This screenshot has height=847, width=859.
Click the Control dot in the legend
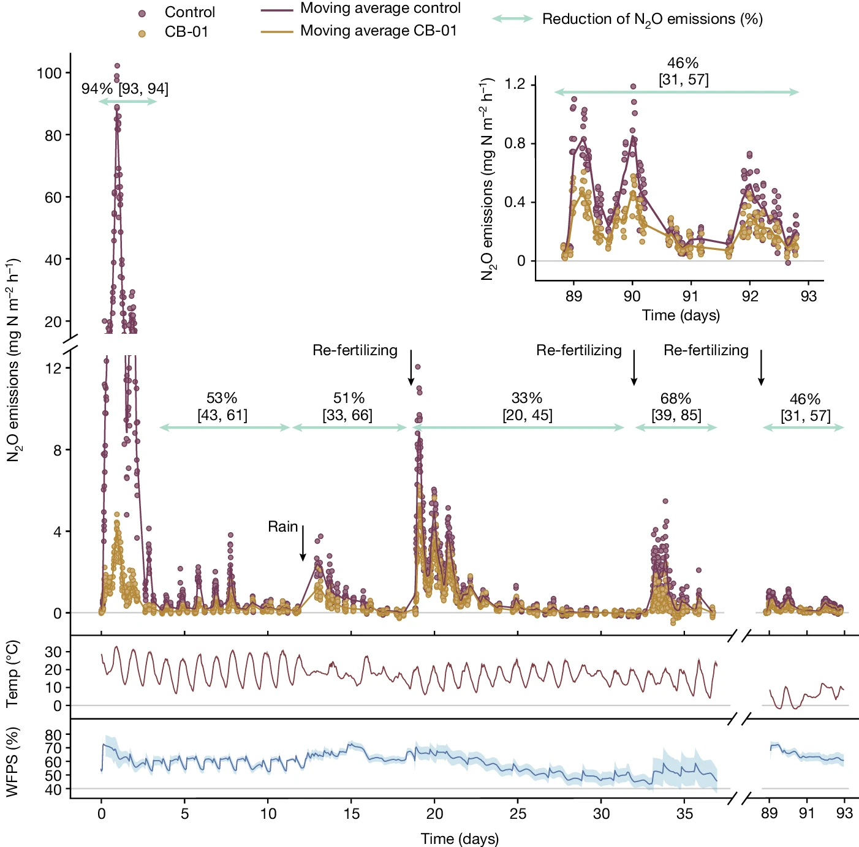pos(142,13)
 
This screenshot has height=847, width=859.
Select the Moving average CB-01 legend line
pos(277,31)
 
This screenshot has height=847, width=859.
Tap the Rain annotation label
pos(282,527)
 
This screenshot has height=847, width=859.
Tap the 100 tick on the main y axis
pos(49,73)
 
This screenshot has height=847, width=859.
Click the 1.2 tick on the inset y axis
pos(515,84)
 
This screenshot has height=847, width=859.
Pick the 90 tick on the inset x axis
pos(632,296)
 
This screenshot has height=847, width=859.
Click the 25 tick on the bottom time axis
pos(518,814)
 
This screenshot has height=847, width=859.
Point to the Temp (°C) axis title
pos(12,674)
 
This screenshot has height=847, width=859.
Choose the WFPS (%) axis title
pos(12,762)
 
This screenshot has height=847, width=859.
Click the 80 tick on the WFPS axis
pos(54,735)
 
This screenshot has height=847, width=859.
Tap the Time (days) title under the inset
pos(681,315)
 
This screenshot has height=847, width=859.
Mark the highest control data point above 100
pos(117,66)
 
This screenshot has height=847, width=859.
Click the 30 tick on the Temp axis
pos(54,652)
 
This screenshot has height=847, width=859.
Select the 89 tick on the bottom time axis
pos(770,814)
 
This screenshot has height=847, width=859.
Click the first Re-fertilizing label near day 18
pos(355,350)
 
